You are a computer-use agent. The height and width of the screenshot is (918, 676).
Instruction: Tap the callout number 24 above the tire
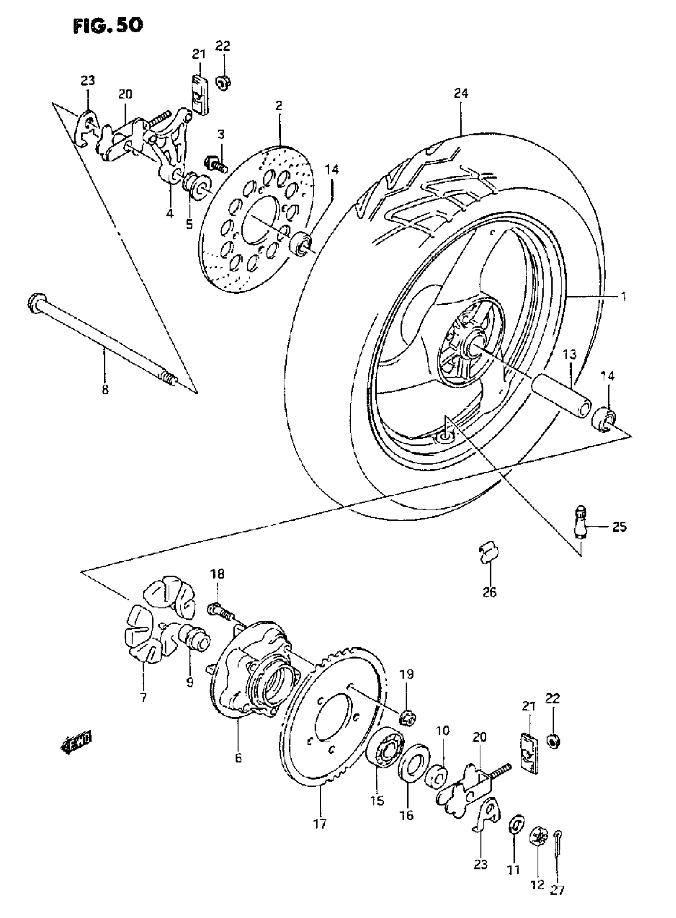click(460, 94)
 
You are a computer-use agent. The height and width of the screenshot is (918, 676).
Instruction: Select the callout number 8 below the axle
click(105, 389)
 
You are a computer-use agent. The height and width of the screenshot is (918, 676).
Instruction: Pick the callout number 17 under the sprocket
click(321, 823)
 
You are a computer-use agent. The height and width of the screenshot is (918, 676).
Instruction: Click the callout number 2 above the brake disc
click(279, 107)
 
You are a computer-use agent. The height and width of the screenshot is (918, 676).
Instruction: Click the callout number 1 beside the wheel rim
click(623, 296)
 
